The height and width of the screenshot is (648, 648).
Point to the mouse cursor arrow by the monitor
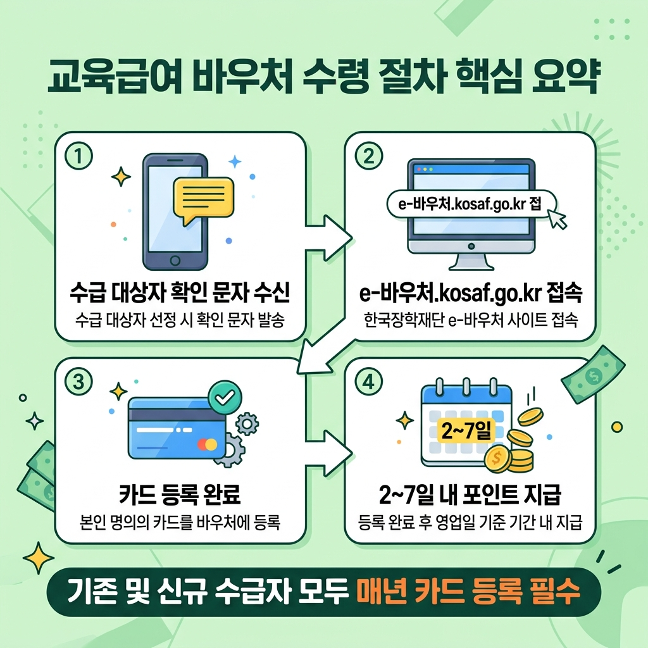pyautogui.click(x=559, y=219)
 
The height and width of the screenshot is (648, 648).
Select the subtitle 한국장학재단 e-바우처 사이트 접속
pyautogui.click(x=471, y=321)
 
